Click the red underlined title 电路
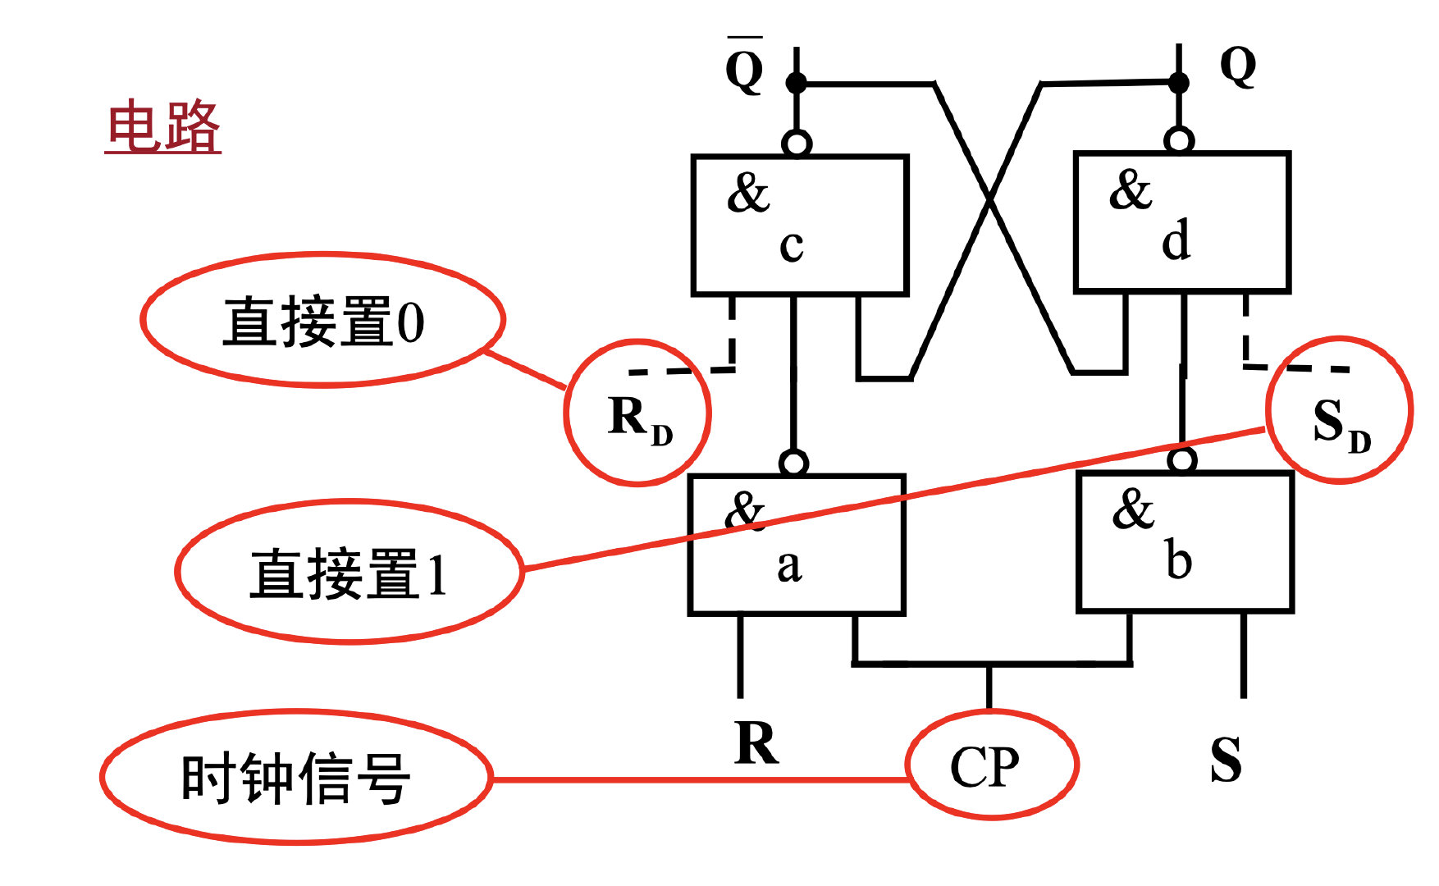(x=164, y=127)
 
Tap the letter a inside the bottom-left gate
(x=789, y=566)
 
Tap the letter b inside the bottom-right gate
(x=1177, y=561)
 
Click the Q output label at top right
(x=1238, y=66)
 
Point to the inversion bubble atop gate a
(x=793, y=463)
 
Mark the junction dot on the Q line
(x=1178, y=82)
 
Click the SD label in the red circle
(x=1340, y=425)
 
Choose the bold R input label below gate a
(x=756, y=743)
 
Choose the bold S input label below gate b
(x=1226, y=760)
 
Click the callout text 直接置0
(x=323, y=322)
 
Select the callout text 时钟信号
(x=295, y=778)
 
